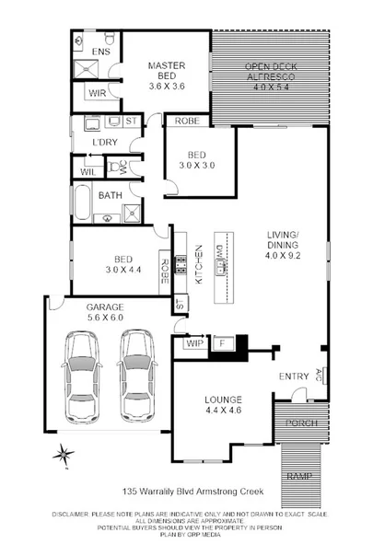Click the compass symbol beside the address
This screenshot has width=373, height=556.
[63, 452]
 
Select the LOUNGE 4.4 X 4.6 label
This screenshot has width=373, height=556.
[223, 406]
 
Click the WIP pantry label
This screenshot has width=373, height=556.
[194, 343]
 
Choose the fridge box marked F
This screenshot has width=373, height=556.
[220, 343]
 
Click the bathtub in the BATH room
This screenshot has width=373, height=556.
[82, 202]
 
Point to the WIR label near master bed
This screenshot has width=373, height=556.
[98, 94]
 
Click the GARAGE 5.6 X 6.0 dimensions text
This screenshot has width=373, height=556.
[104, 312]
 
